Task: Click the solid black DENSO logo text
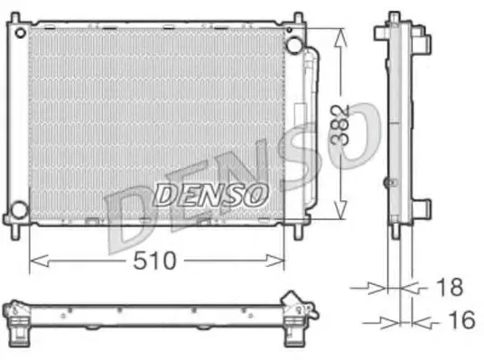209,192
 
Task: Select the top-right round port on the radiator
293,45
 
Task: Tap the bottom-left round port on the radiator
18,212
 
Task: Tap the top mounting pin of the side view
395,17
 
